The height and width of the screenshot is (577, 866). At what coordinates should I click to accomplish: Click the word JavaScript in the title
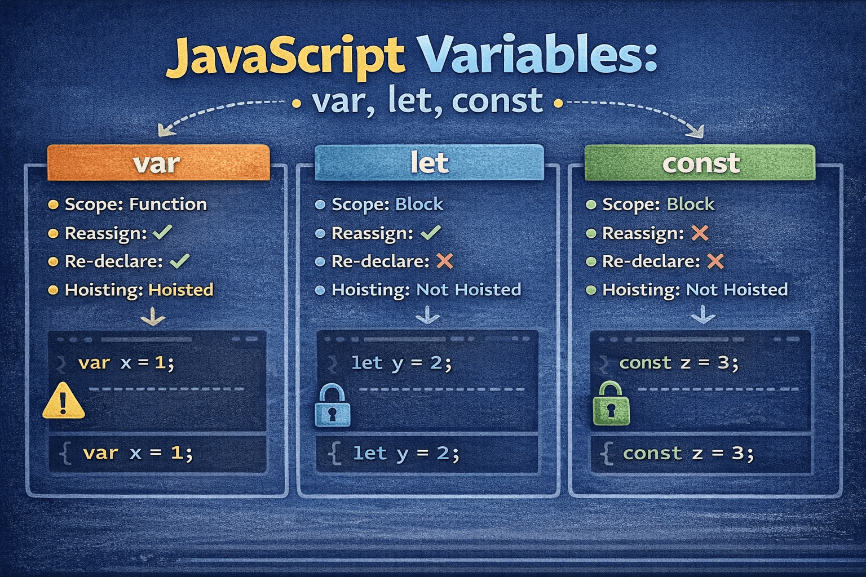click(x=285, y=56)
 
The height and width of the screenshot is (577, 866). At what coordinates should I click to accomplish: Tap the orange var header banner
click(x=158, y=163)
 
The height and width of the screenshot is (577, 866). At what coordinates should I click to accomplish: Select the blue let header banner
click(x=429, y=163)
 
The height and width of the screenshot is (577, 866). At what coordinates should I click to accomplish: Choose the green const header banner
click(x=700, y=163)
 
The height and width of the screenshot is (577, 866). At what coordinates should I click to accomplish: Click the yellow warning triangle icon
click(x=64, y=401)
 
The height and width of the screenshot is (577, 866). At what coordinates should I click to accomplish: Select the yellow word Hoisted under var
click(x=181, y=290)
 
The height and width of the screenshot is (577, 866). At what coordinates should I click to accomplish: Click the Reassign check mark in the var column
click(x=162, y=232)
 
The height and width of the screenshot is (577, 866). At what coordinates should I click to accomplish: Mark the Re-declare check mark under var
click(x=179, y=261)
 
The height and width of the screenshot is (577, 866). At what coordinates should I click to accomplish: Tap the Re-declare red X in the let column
click(x=445, y=261)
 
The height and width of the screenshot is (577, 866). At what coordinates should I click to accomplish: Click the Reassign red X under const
click(x=700, y=233)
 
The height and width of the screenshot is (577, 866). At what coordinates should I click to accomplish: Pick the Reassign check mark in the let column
click(x=431, y=232)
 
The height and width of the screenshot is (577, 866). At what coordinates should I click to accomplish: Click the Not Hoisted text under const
click(x=736, y=290)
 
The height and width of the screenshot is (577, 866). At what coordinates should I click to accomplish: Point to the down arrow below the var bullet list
click(x=153, y=317)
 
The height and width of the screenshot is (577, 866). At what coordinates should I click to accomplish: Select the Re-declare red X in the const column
click(x=715, y=261)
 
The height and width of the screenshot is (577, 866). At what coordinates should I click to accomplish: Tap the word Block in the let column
click(x=419, y=204)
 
